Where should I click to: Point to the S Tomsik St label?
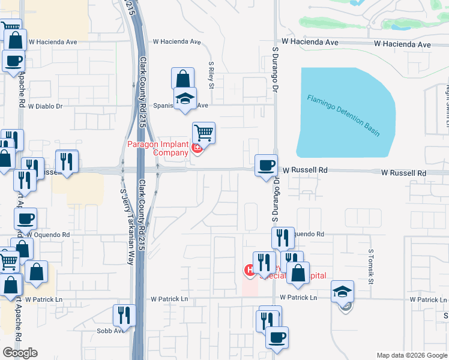coord(371,267)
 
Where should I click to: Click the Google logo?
coord(20,352)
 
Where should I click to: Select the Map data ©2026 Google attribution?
coord(412,355)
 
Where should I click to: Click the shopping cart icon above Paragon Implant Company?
coord(203,133)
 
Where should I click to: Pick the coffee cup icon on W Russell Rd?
coord(265,164)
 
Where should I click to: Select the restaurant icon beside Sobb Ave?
coord(124,314)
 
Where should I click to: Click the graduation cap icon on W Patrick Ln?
coord(343,291)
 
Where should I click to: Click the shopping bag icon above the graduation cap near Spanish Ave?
coord(182,78)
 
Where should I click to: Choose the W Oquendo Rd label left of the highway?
coord(48,235)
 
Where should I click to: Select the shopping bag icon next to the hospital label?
coord(298,272)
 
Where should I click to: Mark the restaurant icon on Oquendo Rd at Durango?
coord(283,238)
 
